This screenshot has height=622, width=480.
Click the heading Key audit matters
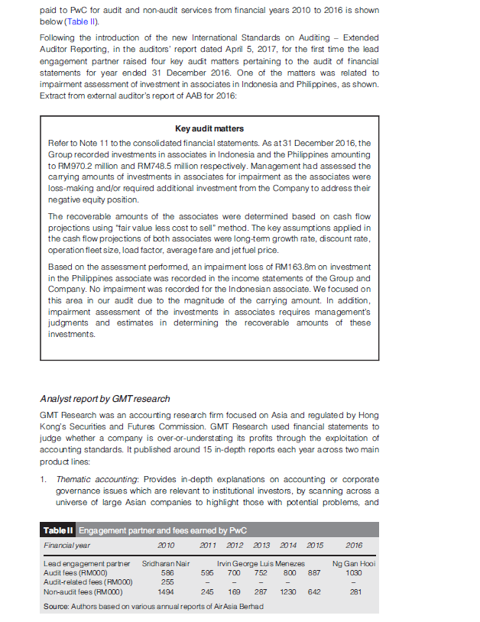(209, 128)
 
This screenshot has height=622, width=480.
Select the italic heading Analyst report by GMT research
(105, 398)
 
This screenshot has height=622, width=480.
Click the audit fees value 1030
(353, 572)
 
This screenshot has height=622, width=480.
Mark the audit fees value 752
(261, 572)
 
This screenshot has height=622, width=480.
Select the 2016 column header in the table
(354, 546)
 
